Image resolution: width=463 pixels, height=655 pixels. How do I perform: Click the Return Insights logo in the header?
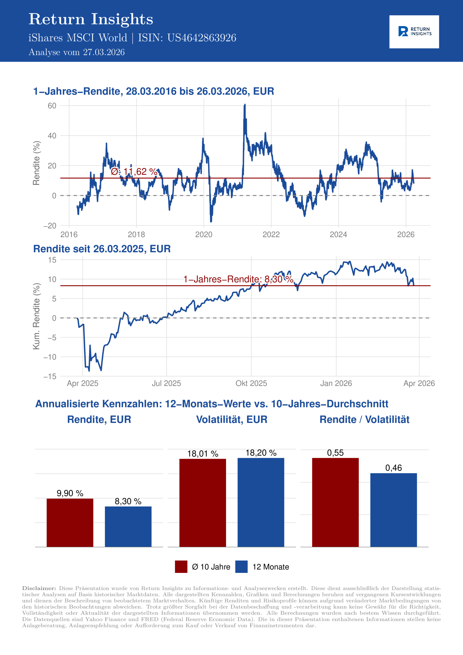[x=414, y=32]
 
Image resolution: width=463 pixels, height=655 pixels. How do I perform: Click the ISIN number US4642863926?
[x=202, y=38]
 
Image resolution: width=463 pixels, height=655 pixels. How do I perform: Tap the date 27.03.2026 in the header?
[x=104, y=52]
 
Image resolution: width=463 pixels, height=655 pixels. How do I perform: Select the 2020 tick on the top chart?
[x=204, y=235]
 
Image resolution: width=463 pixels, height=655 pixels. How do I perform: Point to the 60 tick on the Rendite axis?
[x=52, y=106]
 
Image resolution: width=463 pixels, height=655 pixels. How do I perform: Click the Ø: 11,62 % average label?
[x=134, y=171]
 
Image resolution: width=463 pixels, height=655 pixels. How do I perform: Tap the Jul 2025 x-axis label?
[x=166, y=383]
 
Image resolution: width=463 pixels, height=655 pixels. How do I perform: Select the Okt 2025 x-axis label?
[x=251, y=383]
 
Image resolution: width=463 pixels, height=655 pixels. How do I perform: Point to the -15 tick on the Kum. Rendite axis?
[x=50, y=377]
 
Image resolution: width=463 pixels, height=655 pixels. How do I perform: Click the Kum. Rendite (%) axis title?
[x=36, y=316]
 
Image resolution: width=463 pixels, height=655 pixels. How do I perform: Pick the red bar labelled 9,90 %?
[x=70, y=523]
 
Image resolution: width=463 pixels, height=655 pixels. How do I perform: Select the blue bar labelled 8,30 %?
[x=128, y=527]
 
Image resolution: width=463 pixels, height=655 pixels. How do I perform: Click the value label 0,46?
[x=393, y=468]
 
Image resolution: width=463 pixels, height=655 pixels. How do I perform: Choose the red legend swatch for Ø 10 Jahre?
[x=181, y=566]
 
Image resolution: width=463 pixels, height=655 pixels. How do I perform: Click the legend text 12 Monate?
[x=271, y=567]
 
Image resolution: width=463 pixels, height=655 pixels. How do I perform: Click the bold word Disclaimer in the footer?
[x=39, y=588]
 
